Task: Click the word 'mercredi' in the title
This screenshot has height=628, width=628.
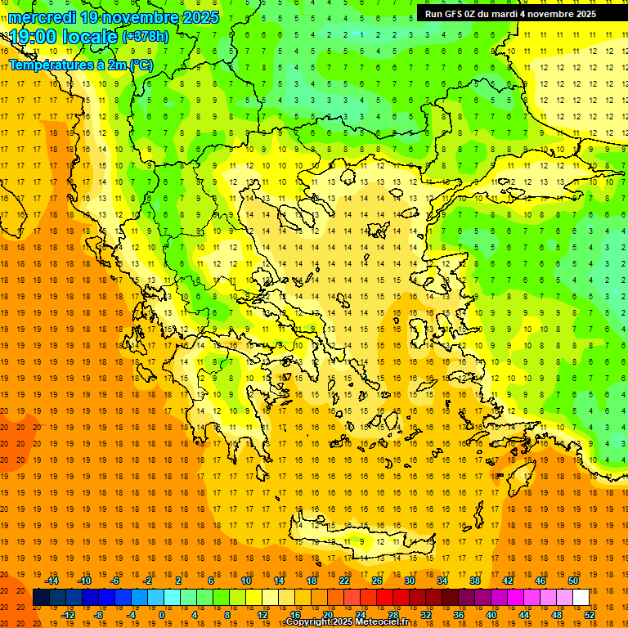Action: (42, 17)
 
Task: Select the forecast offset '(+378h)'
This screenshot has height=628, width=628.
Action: (146, 37)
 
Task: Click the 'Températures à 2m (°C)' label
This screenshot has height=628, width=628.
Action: (80, 65)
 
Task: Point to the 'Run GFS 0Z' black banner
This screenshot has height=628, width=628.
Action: (510, 14)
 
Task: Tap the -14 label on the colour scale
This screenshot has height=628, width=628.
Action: (52, 580)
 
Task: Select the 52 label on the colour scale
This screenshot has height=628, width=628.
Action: (590, 615)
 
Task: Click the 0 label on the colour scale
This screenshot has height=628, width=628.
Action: (161, 615)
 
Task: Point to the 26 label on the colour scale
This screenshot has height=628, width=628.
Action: (377, 580)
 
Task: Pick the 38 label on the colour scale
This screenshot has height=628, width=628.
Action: (475, 580)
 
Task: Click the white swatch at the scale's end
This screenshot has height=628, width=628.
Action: (581, 598)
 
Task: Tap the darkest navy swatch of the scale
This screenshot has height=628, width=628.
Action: (41, 598)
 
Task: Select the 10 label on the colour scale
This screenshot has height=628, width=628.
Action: (246, 580)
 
